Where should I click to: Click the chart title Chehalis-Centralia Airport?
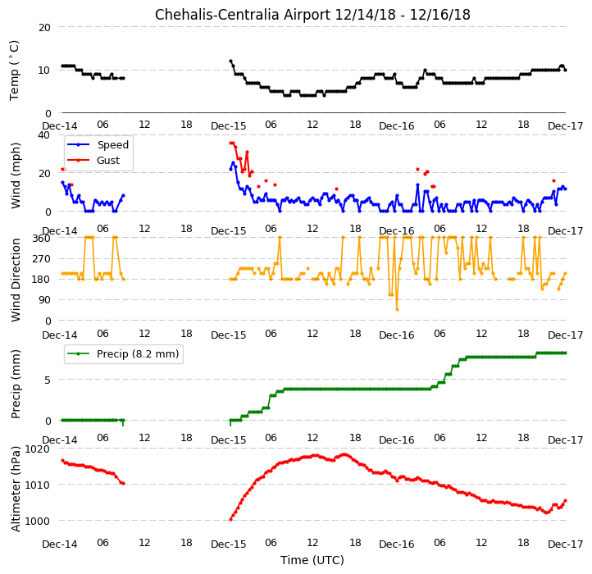tap(243, 15)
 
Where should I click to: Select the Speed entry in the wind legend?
tap(113, 144)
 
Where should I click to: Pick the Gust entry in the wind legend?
tap(108, 161)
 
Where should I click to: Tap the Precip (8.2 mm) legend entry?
tap(138, 354)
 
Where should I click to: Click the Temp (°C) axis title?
tap(14, 71)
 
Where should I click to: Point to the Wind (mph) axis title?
tap(15, 175)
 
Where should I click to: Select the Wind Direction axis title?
tap(15, 280)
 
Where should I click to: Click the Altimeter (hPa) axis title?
tap(15, 489)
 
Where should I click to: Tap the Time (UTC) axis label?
tap(312, 559)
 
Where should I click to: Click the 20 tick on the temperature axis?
tap(44, 27)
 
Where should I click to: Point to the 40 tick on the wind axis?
tap(44, 134)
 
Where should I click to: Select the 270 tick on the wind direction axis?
tap(43, 259)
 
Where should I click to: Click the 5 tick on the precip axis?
tap(48, 380)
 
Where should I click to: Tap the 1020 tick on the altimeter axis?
tap(38, 449)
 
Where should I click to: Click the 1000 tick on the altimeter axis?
tap(38, 521)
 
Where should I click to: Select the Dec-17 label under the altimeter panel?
tap(566, 544)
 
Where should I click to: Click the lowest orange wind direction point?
tap(397, 310)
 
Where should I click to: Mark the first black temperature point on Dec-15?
tap(230, 61)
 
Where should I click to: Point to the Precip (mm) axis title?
tap(15, 384)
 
